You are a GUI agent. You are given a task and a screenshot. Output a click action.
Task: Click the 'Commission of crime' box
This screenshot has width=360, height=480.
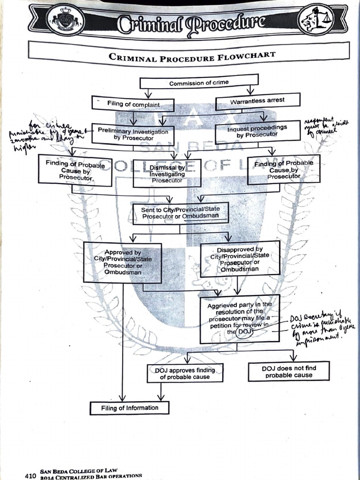click(x=199, y=82)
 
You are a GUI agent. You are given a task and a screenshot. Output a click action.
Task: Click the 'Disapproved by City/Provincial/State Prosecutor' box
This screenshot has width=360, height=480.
click(x=240, y=258)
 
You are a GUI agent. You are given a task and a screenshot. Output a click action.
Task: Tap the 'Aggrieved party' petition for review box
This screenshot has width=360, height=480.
click(x=239, y=318)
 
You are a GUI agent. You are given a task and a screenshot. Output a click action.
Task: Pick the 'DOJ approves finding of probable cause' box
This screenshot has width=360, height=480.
click(x=185, y=373)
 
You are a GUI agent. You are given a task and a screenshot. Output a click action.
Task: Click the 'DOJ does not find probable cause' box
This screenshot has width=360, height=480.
click(x=288, y=371)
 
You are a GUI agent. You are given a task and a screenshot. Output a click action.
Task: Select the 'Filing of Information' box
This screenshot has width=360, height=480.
click(x=129, y=408)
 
